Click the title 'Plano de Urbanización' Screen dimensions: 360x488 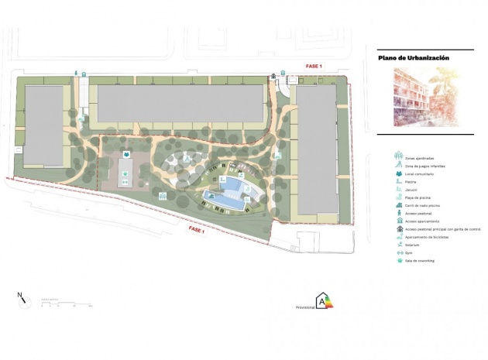414,57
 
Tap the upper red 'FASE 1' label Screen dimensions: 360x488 313,66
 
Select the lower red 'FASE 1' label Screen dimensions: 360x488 201,231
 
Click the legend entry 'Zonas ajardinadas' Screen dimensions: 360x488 418,158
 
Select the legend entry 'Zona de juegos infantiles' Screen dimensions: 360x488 423,166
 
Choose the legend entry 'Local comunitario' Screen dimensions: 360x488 419,173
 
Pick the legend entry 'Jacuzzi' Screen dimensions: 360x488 411,190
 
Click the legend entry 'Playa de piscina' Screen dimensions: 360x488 417,197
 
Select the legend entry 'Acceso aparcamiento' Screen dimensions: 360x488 421,221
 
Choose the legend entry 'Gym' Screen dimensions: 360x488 408,252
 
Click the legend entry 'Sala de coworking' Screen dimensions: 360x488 418,260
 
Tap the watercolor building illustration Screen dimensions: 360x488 424,97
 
